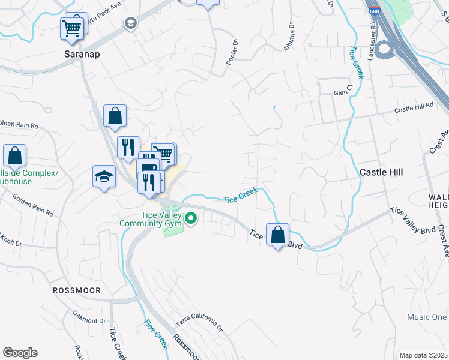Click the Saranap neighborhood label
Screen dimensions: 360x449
click(82, 53)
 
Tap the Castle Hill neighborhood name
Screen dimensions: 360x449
click(381, 172)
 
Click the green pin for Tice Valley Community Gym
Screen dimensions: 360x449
click(191, 218)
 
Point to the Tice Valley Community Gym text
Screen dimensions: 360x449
click(150, 220)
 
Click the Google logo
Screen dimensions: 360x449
click(20, 353)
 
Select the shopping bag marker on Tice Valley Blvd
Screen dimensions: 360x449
click(277, 235)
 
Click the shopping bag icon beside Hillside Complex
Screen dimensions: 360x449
click(14, 155)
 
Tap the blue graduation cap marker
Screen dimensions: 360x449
click(104, 177)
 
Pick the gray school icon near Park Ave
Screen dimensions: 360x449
click(130, 23)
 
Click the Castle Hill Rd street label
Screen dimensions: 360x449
click(414, 108)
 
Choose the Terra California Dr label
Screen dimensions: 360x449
click(199, 323)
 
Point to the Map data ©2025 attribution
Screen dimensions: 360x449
click(423, 355)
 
